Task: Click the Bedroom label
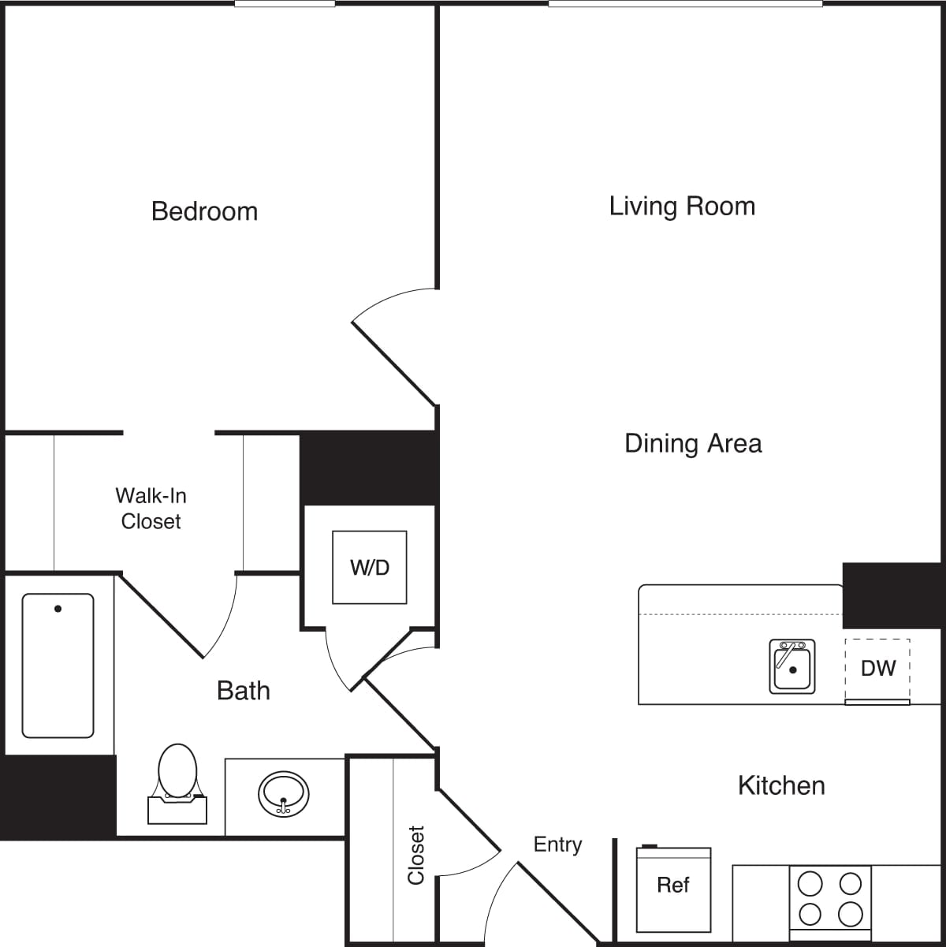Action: point(204,211)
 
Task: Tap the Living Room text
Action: point(682,207)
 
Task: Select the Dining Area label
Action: point(693,443)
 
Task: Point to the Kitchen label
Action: point(781,785)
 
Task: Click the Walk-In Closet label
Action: point(151,509)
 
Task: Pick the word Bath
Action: point(244,691)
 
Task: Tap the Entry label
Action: point(557,844)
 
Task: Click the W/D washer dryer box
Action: point(370,568)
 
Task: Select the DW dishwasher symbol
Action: point(877,669)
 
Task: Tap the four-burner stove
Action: point(830,900)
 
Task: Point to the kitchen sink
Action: point(792,667)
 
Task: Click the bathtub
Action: point(58,665)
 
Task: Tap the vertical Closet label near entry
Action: point(415,855)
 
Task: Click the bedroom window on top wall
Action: point(285,4)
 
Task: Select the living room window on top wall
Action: point(685,4)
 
